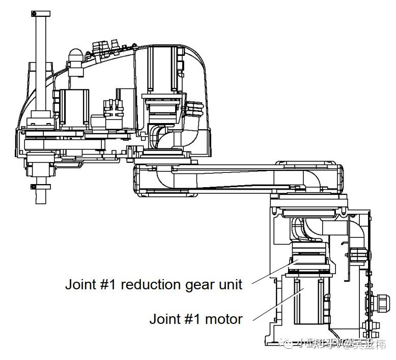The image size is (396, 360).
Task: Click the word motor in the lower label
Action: click(224, 319)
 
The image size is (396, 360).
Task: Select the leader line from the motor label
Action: click(275, 306)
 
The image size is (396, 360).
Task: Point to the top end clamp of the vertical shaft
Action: click(41, 14)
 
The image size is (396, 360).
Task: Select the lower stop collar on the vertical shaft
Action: click(41, 187)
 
